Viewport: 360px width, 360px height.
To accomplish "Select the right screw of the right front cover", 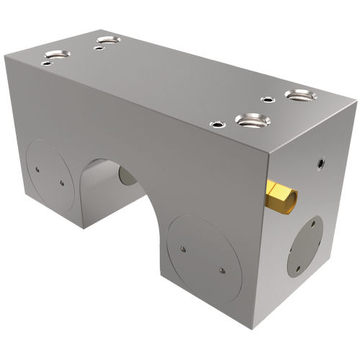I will (221, 271).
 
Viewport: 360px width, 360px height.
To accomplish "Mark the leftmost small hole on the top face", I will (46, 63).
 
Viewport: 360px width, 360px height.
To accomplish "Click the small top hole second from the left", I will (99, 49).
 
